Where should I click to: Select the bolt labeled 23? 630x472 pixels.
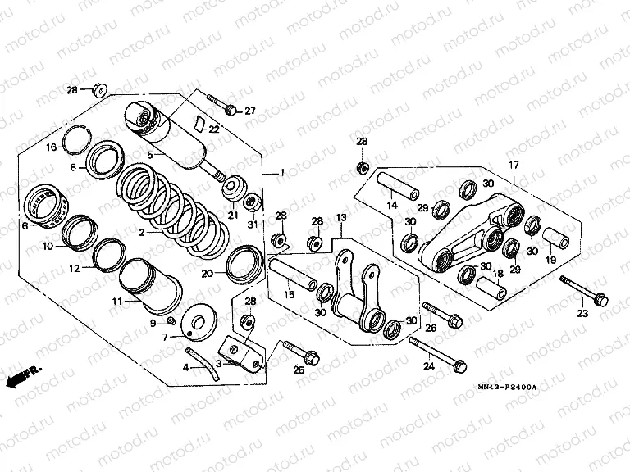(x=582, y=291)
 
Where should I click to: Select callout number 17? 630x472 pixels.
(x=514, y=166)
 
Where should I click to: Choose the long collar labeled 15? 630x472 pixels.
(x=291, y=274)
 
